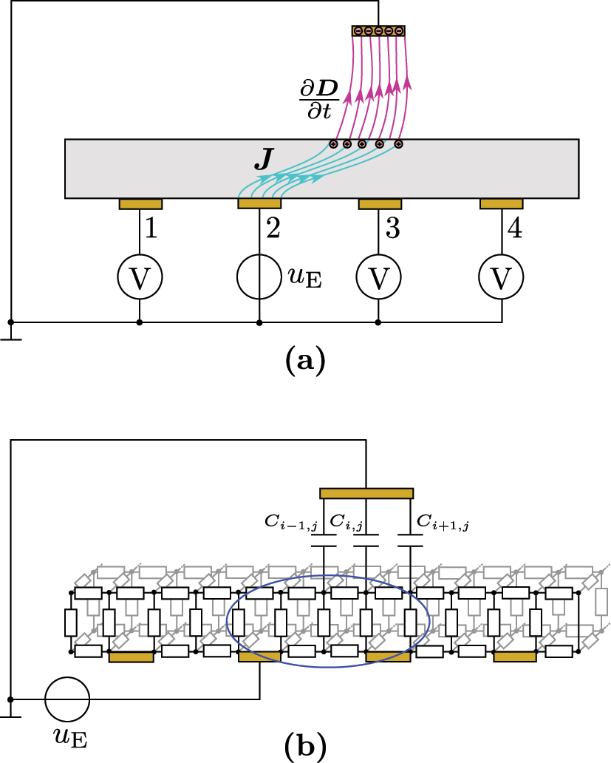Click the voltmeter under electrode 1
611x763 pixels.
pos(140,278)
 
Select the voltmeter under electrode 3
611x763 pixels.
pos(378,278)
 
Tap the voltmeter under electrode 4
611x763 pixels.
pos(502,278)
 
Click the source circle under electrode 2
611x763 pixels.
pos(259,278)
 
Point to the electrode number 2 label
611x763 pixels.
pos(273,229)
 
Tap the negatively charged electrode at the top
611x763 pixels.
pos(378,31)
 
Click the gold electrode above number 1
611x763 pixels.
pos(140,203)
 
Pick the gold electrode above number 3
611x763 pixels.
pos(380,203)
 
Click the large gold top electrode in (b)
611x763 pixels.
pos(366,493)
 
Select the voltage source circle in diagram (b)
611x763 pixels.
pos(68,699)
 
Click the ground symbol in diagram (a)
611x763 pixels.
pos(10,338)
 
